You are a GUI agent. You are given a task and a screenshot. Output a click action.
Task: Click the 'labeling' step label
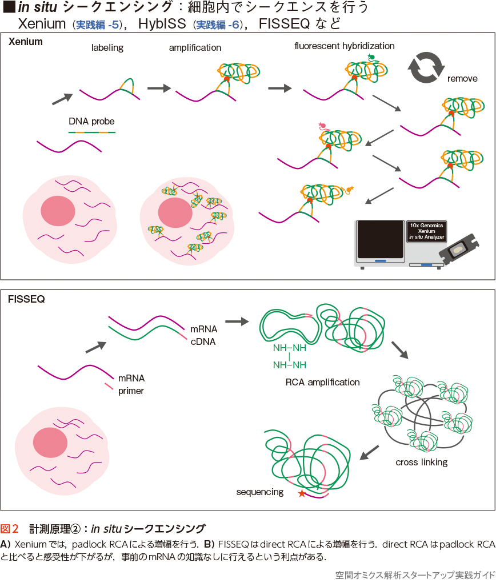click(107, 48)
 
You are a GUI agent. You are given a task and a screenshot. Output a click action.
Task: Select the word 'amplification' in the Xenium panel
click(195, 48)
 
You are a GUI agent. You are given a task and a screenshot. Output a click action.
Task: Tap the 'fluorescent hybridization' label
click(345, 46)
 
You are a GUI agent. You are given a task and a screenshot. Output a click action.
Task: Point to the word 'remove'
click(462, 79)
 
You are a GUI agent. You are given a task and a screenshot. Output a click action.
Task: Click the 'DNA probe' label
click(91, 121)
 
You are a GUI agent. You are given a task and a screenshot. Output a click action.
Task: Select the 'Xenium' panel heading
click(26, 42)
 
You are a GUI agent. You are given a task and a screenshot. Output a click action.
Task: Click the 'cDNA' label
click(202, 341)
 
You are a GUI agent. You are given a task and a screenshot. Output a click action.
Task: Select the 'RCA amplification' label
click(322, 382)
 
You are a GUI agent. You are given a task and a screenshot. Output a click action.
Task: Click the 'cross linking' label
click(421, 462)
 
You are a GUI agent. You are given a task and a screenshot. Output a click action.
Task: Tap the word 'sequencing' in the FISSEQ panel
click(260, 492)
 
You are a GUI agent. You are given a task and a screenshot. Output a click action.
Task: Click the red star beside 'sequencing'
click(301, 493)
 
